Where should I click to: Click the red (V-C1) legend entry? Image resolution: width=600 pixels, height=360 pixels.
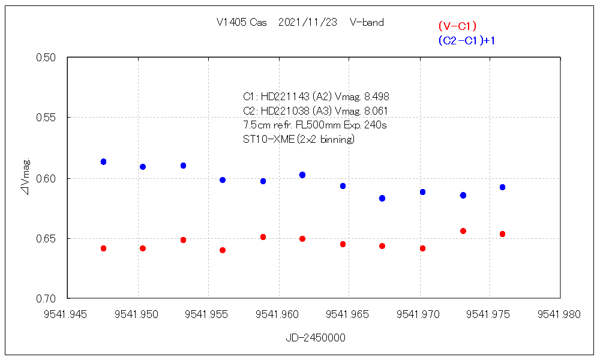(457, 26)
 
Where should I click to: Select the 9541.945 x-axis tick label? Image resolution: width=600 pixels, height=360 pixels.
(67, 314)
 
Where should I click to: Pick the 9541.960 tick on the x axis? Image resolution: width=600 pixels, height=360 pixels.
(278, 314)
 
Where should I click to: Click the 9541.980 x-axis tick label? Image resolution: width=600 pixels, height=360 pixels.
(560, 314)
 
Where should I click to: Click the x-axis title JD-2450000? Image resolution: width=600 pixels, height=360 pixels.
(316, 338)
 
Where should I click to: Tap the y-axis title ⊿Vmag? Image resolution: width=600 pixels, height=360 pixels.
(25, 178)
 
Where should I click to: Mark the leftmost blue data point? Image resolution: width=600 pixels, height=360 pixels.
(103, 162)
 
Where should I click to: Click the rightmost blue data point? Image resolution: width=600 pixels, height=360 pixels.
(502, 187)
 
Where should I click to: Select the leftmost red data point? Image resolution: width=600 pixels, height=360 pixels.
(103, 248)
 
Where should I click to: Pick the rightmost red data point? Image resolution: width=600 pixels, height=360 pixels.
(502, 234)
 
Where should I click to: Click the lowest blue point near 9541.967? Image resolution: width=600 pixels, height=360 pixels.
(382, 198)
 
